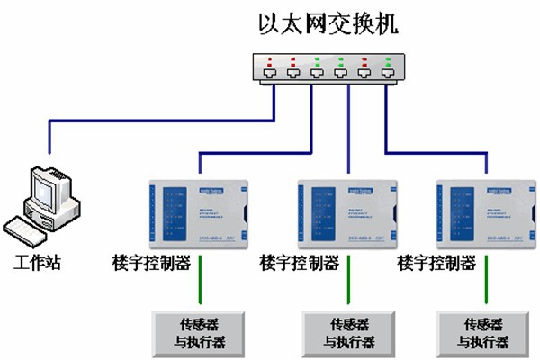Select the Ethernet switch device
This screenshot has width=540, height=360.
click(328, 69)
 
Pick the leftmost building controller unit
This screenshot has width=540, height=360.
click(199, 211)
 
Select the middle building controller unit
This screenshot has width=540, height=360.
click(346, 211)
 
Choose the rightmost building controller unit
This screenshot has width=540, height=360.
click(481, 211)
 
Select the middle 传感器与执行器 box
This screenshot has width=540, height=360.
click(346, 332)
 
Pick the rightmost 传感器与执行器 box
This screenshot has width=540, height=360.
click(480, 332)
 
